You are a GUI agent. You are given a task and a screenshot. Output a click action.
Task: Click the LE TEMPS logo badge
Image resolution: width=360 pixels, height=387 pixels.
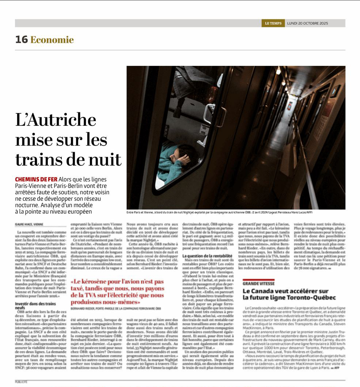click(x=273, y=23)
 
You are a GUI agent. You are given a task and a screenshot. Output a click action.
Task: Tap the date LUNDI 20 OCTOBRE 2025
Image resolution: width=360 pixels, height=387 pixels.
click(x=307, y=23)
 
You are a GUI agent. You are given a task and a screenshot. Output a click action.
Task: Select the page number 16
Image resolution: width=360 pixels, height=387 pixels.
click(x=21, y=40)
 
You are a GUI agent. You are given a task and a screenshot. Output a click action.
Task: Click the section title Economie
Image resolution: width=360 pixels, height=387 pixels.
click(x=52, y=40)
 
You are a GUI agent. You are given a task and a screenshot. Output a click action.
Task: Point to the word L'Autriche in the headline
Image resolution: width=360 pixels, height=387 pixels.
click(x=56, y=120)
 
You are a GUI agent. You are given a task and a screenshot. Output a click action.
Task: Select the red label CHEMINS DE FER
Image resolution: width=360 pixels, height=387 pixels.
click(x=36, y=179)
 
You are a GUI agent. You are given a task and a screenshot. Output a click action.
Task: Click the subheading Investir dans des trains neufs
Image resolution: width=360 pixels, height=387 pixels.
click(x=35, y=306)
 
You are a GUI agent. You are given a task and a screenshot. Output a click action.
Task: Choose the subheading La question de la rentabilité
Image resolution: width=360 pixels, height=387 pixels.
click(x=207, y=256)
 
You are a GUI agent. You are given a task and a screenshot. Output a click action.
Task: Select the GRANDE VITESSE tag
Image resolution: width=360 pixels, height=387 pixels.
click(x=258, y=283)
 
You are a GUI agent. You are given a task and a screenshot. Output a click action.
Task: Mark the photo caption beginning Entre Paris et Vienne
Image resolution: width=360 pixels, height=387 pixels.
click(x=219, y=213)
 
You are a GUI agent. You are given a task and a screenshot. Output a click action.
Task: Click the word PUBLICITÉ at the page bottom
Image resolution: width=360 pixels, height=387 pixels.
click(x=21, y=382)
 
